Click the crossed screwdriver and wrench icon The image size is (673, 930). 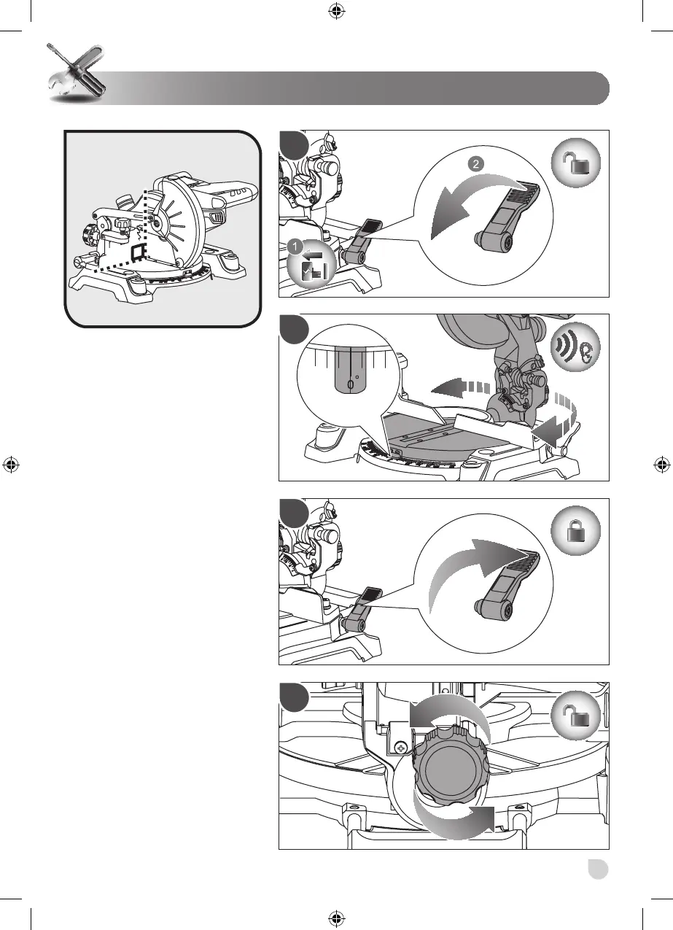tap(77, 73)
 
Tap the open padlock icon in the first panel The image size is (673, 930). tap(575, 163)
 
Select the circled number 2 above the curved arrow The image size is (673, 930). tap(476, 163)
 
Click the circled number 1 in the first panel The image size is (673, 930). tap(295, 247)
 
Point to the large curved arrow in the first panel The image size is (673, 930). tap(469, 195)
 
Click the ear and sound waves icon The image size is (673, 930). tap(575, 346)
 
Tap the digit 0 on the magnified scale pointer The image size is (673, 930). tap(350, 385)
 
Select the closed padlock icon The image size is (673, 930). tap(575, 530)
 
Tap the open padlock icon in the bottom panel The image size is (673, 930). tap(575, 715)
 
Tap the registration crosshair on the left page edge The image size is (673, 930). tap(11, 465)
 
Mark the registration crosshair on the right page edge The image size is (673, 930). tap(662, 465)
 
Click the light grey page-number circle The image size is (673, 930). tap(598, 869)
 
